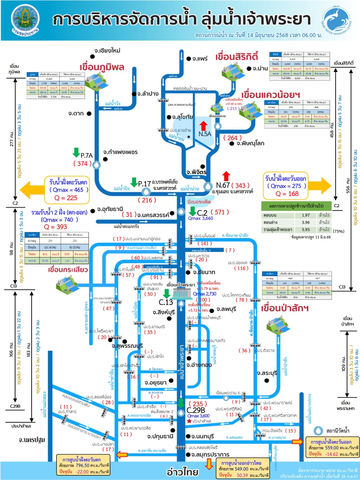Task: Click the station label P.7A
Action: click(86, 156)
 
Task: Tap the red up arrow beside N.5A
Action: click(203, 126)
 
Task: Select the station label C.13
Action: click(166, 302)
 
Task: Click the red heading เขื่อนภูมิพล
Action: click(102, 67)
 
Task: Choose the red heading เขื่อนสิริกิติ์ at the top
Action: click(237, 57)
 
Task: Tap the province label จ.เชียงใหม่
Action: click(107, 50)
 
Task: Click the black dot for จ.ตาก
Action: click(89, 113)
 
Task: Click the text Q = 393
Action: click(55, 226)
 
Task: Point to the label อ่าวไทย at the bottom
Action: click(183, 471)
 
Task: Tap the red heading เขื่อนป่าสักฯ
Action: click(285, 308)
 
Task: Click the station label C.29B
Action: click(196, 410)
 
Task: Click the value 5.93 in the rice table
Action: click(306, 229)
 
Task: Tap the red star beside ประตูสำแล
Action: click(189, 421)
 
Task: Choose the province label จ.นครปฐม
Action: click(32, 440)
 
